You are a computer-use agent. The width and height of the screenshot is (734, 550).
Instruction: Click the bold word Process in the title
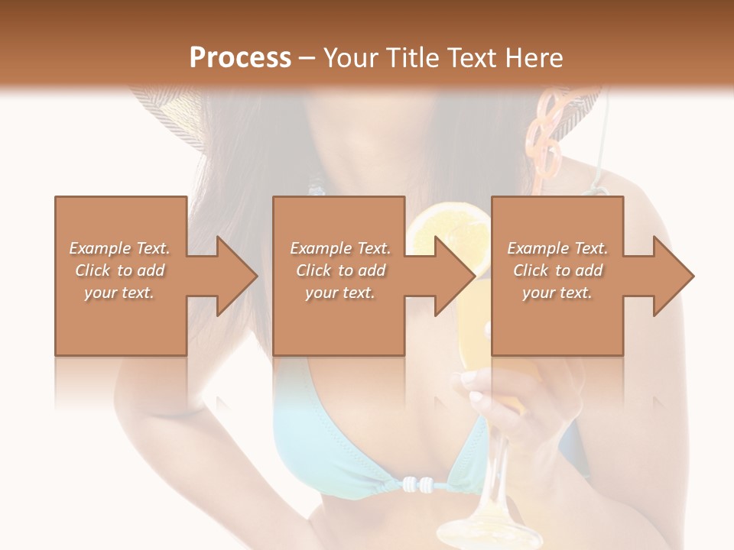pyautogui.click(x=240, y=57)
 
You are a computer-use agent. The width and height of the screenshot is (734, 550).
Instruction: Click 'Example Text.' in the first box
pyautogui.click(x=119, y=248)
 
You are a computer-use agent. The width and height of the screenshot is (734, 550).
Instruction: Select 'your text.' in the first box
pyautogui.click(x=119, y=293)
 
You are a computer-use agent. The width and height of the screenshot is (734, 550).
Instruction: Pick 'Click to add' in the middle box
pyautogui.click(x=340, y=270)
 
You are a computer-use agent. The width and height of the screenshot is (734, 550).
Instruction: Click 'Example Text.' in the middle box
pyautogui.click(x=340, y=248)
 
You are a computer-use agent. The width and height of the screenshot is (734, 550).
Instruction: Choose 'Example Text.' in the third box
pyautogui.click(x=557, y=248)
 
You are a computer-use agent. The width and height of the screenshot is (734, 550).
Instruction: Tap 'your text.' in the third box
pyautogui.click(x=557, y=293)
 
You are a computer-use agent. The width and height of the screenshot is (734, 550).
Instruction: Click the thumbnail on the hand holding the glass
pyautogui.click(x=476, y=396)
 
